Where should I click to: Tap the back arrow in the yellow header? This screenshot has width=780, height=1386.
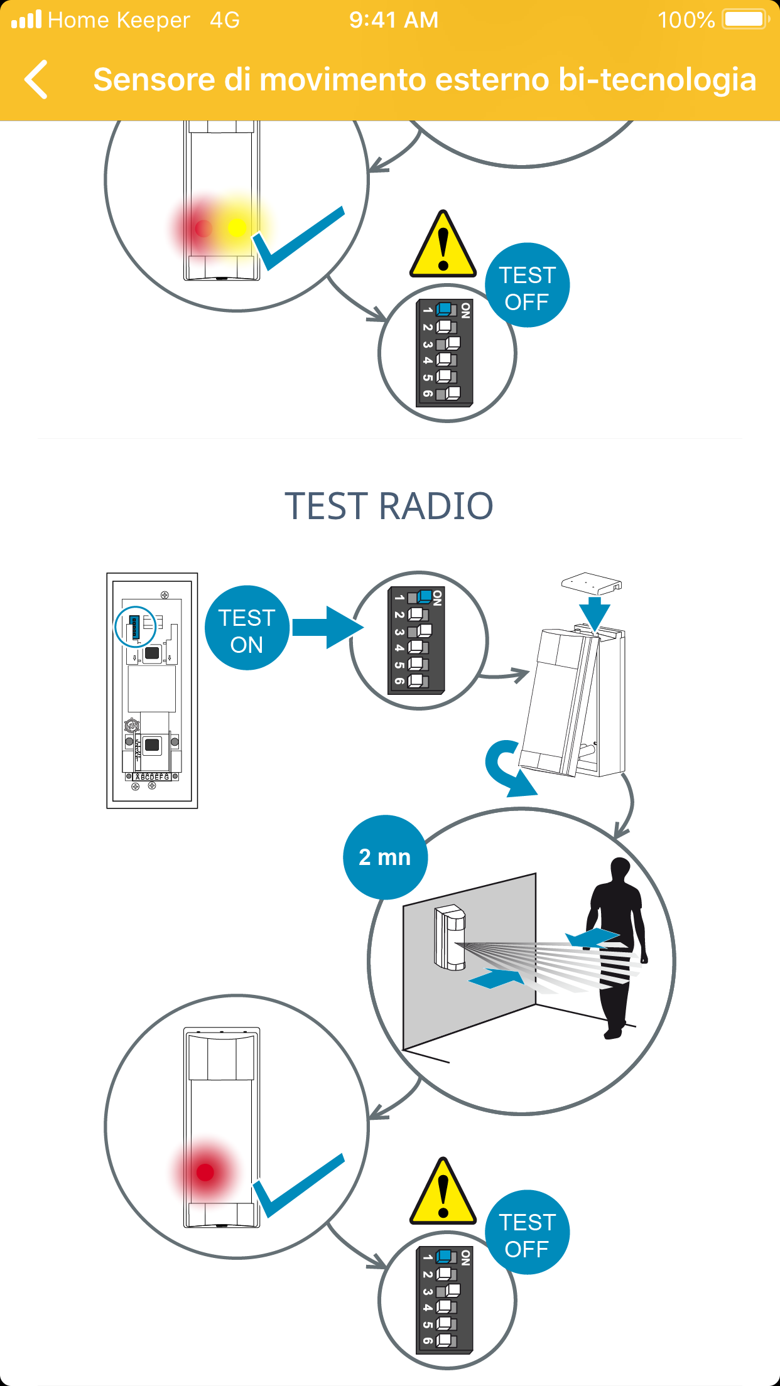coord(36,80)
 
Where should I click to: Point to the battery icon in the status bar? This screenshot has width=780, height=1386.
coord(745,19)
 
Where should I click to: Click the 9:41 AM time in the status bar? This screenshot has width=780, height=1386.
coord(394,20)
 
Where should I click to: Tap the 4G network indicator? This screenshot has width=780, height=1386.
coord(225,20)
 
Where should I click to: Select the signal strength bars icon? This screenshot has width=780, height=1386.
coord(26,19)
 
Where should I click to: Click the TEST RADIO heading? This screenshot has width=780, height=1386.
coord(389,506)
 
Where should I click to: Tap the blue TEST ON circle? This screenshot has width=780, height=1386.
coord(247,628)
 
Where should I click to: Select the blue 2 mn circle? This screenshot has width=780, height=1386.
coord(385,857)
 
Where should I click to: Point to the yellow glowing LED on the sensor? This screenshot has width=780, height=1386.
coord(237,227)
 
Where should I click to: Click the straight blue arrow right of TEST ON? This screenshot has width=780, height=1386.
coord(327,627)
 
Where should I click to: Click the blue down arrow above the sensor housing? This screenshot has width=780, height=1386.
coord(594,612)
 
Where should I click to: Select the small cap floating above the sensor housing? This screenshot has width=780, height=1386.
coord(591,583)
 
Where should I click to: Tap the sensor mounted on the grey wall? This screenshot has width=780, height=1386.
coord(450,936)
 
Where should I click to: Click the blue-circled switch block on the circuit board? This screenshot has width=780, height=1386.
coord(134,627)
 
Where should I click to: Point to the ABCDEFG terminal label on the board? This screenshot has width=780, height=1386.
coord(152,776)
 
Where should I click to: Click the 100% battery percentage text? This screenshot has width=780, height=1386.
coord(686,20)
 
